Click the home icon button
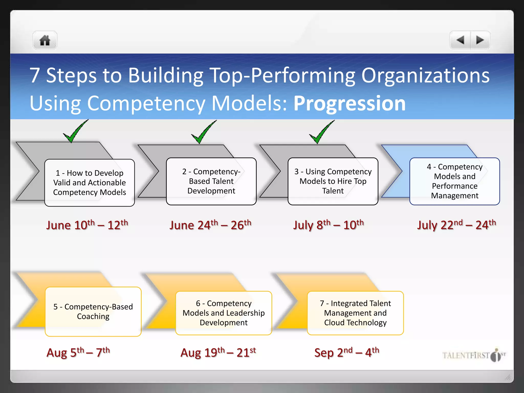click(45, 40)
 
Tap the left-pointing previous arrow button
click(460, 40)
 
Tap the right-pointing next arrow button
click(480, 40)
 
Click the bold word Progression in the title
click(350, 103)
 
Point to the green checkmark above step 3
click(321, 132)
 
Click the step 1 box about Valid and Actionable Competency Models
click(90, 183)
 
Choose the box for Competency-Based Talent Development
click(211, 181)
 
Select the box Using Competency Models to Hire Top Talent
click(333, 181)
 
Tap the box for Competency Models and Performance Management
click(455, 181)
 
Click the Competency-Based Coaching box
click(93, 311)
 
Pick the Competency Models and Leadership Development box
click(224, 313)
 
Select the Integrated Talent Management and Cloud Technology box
click(355, 313)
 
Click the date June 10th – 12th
click(87, 225)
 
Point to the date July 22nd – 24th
click(456, 225)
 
